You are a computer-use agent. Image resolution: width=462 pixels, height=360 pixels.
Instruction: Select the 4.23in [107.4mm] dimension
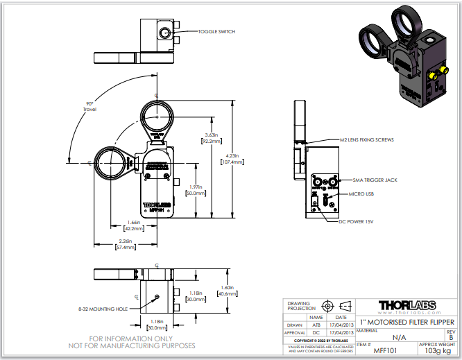tap(232, 159)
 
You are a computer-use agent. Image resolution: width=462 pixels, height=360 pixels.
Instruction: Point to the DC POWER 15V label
tap(357, 221)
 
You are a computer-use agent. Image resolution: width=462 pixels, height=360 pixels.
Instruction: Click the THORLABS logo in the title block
tap(407, 305)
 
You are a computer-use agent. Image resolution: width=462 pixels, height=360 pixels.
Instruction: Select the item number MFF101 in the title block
tap(375, 351)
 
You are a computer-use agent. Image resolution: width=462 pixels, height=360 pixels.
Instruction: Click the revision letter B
tap(451, 338)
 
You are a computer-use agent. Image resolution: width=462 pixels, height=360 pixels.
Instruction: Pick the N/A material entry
tap(399, 337)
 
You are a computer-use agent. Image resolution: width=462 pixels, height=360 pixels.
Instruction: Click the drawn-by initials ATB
tap(316, 324)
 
